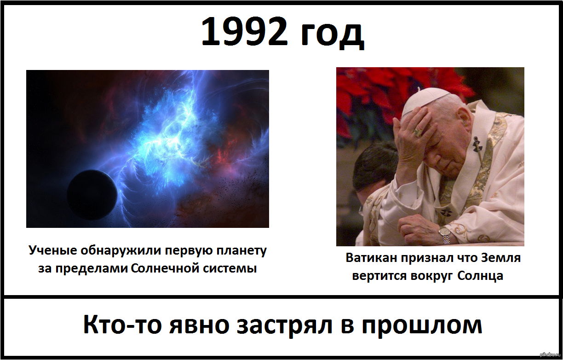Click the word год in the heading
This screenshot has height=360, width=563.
pos(332,35)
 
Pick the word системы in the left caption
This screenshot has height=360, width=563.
pos(230,269)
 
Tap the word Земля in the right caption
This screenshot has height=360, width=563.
pos(500,258)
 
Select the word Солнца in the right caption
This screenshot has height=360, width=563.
pos(480,276)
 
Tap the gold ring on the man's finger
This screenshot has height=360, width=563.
pos(418,132)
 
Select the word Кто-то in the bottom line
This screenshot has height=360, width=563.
pos(123,325)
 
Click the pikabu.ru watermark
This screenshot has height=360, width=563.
pos(550,355)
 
